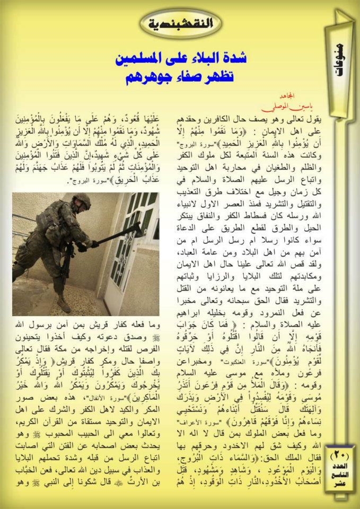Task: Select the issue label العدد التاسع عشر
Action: coord(338,475)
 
